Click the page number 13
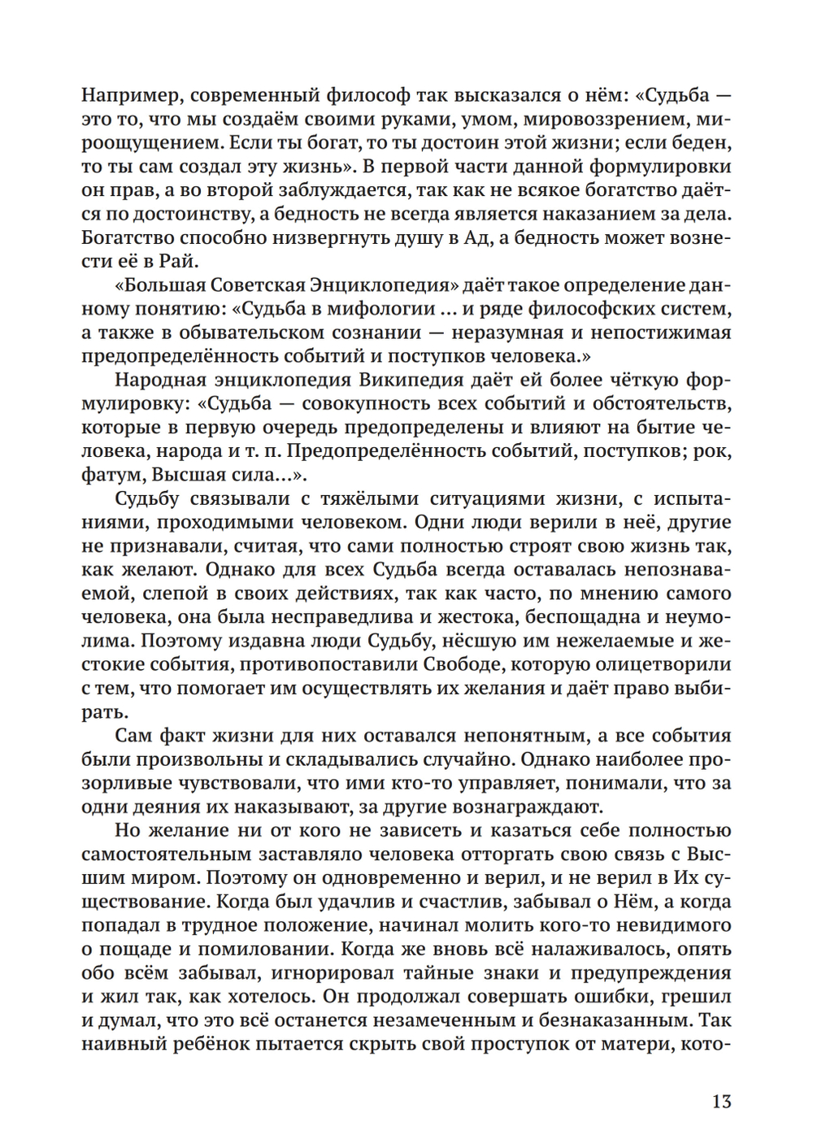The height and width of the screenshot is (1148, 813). [x=721, y=1102]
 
